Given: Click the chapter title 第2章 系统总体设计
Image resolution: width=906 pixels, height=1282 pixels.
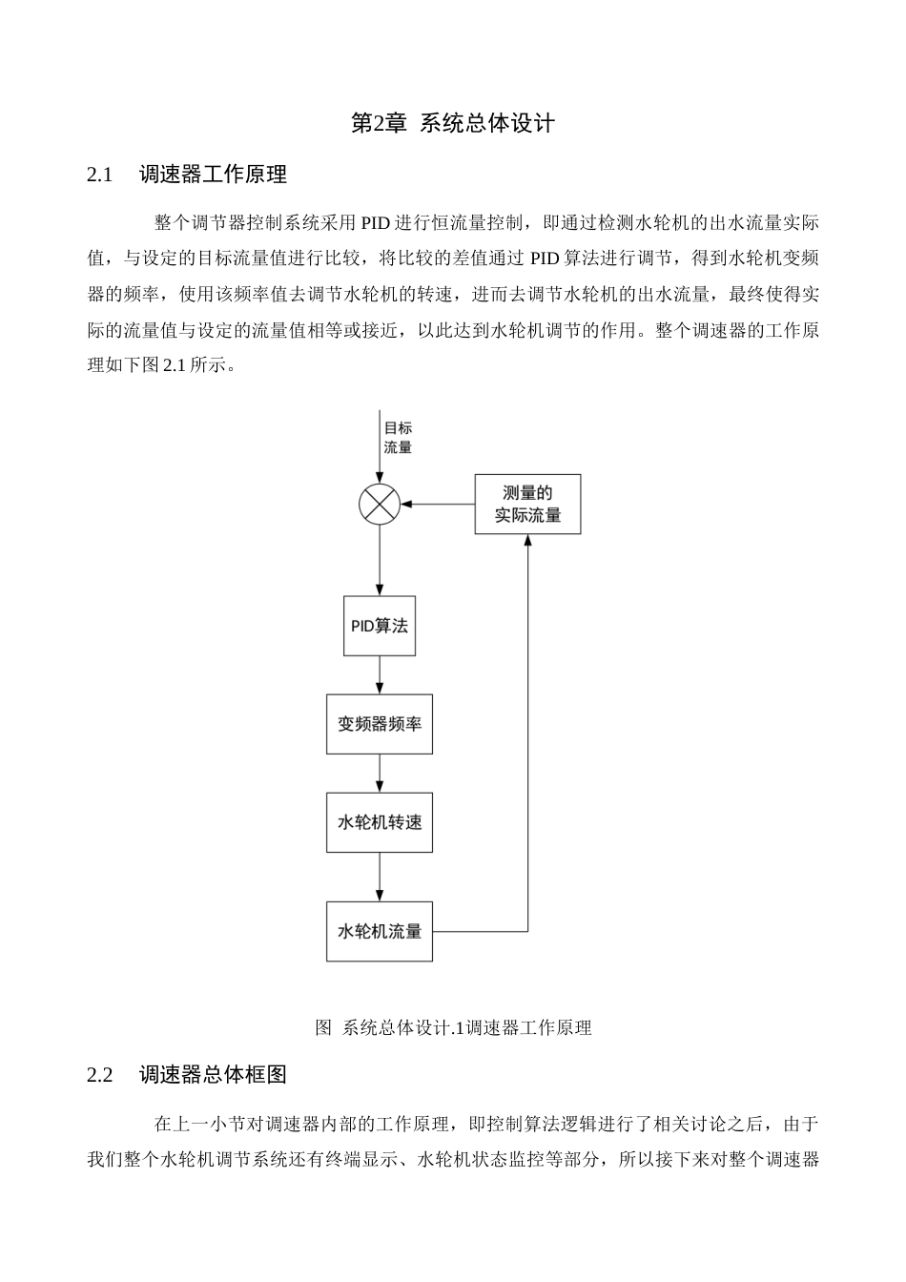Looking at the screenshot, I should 453,124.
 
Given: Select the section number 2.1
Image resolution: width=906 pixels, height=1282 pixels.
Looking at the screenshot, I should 100,176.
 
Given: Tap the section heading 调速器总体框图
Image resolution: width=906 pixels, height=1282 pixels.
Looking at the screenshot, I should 213,1075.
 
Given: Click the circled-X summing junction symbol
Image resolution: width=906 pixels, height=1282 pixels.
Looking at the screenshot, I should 380,504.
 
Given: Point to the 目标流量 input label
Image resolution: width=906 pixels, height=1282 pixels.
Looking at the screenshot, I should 398,438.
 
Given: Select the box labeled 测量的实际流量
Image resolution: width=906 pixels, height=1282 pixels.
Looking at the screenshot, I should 527,505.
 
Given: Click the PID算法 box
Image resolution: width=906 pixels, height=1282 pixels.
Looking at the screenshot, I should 380,627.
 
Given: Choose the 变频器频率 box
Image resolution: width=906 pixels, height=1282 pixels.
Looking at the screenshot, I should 380,724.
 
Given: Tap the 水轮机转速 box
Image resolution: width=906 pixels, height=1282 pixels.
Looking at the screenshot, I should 380,822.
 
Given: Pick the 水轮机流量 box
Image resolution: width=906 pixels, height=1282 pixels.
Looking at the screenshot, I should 380,931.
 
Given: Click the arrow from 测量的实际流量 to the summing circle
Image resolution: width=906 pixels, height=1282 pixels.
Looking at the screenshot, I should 438,504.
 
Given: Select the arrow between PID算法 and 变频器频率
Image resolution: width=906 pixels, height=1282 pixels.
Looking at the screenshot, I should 380,675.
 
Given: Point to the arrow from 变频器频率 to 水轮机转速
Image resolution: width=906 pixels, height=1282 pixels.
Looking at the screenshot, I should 380,774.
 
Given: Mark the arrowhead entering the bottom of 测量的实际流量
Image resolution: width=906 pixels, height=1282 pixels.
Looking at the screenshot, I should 527,541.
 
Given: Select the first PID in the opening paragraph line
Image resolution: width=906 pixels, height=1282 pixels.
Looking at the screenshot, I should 374,224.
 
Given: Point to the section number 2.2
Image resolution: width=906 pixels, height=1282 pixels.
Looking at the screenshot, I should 100,1075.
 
